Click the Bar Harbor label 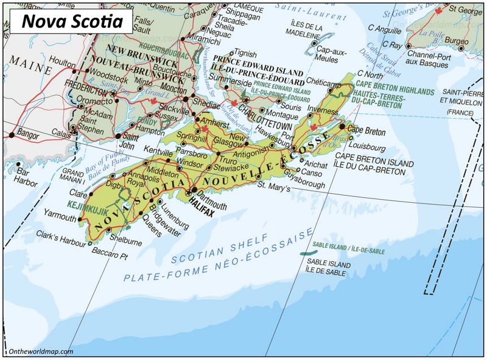26,176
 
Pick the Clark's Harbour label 61,236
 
